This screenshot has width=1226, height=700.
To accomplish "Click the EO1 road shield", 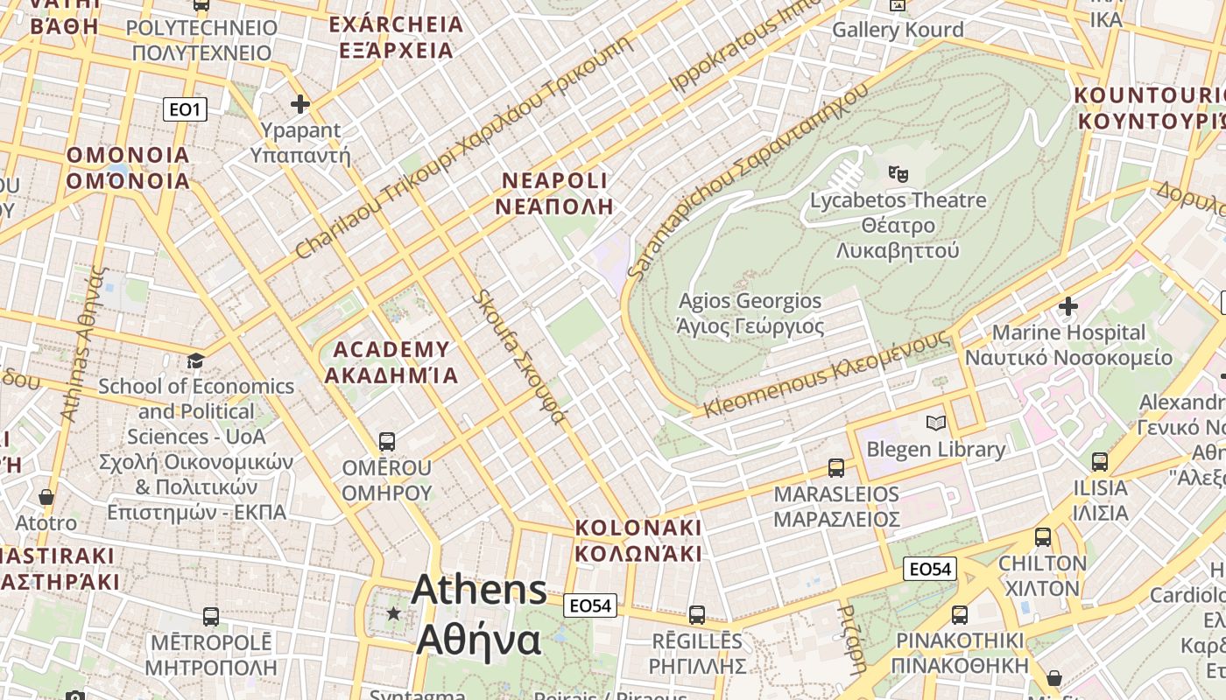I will click(x=185, y=109).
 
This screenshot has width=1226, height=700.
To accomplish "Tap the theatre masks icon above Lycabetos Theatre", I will click(x=897, y=173).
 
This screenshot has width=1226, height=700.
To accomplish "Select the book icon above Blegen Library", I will click(x=935, y=423).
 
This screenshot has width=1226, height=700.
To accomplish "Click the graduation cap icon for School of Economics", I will click(x=196, y=360).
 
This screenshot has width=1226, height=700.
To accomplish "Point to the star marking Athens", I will click(x=393, y=613).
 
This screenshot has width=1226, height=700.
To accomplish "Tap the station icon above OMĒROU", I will click(x=386, y=441).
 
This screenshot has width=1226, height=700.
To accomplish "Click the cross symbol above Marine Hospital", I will click(x=1067, y=306).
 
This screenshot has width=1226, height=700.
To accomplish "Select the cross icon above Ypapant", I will click(x=300, y=105).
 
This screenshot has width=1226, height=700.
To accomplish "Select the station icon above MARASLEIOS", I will click(x=836, y=468).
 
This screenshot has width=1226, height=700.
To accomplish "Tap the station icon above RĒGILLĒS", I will click(x=697, y=615).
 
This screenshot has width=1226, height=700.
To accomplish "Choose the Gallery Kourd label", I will click(x=898, y=30).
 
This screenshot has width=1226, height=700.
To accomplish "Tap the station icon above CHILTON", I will click(x=1042, y=537).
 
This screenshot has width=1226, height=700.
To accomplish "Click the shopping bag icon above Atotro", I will click(x=46, y=497).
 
